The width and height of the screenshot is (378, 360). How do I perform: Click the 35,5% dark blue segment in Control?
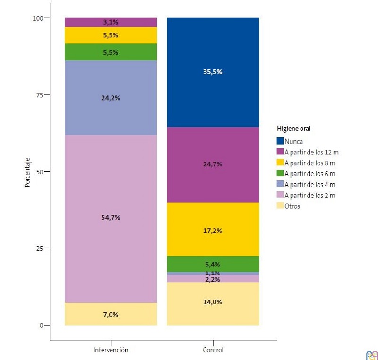(213, 72)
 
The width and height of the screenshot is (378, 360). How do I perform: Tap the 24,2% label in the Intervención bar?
(111, 98)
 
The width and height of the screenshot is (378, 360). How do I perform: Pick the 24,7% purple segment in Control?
(213, 164)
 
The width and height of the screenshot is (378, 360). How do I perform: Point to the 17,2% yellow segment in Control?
(213, 231)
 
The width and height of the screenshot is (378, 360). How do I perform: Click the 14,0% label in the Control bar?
(213, 302)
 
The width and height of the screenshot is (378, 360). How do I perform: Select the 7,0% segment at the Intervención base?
(111, 315)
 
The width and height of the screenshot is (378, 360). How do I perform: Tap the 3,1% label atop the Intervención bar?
(111, 22)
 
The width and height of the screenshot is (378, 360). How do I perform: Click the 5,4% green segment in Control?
(213, 264)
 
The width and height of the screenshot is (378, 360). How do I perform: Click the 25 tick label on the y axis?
(40, 249)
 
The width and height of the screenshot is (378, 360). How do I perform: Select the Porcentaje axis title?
(27, 172)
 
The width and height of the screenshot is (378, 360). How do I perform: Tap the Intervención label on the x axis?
(111, 350)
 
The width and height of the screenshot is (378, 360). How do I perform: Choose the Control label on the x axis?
(213, 350)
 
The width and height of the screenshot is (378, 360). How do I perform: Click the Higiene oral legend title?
(293, 129)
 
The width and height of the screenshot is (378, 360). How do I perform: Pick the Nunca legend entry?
(293, 141)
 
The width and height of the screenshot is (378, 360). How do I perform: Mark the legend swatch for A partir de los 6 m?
(280, 173)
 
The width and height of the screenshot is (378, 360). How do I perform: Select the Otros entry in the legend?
(292, 206)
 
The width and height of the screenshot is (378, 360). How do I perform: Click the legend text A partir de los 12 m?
(311, 152)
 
